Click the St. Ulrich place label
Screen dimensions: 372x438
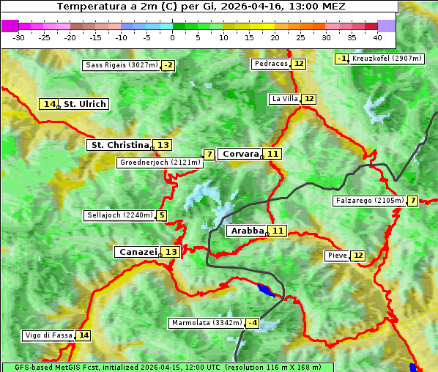pos(84,104)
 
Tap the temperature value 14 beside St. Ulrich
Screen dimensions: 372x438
pos(49,104)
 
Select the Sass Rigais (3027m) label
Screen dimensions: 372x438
pos(121,65)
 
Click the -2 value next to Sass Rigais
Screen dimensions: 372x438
pos(168,65)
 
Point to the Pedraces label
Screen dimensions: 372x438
pos(271,64)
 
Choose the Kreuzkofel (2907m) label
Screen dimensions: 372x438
pos(387,59)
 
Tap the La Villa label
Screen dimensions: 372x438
pos(284,99)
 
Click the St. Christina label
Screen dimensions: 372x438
pos(119,145)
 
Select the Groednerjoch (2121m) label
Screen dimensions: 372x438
pos(160,163)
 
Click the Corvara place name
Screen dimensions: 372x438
pos(240,154)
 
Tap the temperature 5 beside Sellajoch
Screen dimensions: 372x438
pos(161,215)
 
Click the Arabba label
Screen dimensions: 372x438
pos(247,231)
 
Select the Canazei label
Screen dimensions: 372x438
pos(138,252)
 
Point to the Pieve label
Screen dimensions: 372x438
pos(337,256)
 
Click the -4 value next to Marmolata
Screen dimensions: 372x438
pos(253,323)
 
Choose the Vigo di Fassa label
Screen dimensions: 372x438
pos(49,335)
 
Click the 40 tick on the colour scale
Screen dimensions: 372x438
pos(376,37)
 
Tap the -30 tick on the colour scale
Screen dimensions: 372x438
pos(19,37)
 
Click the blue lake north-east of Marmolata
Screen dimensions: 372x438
pos(268,290)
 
